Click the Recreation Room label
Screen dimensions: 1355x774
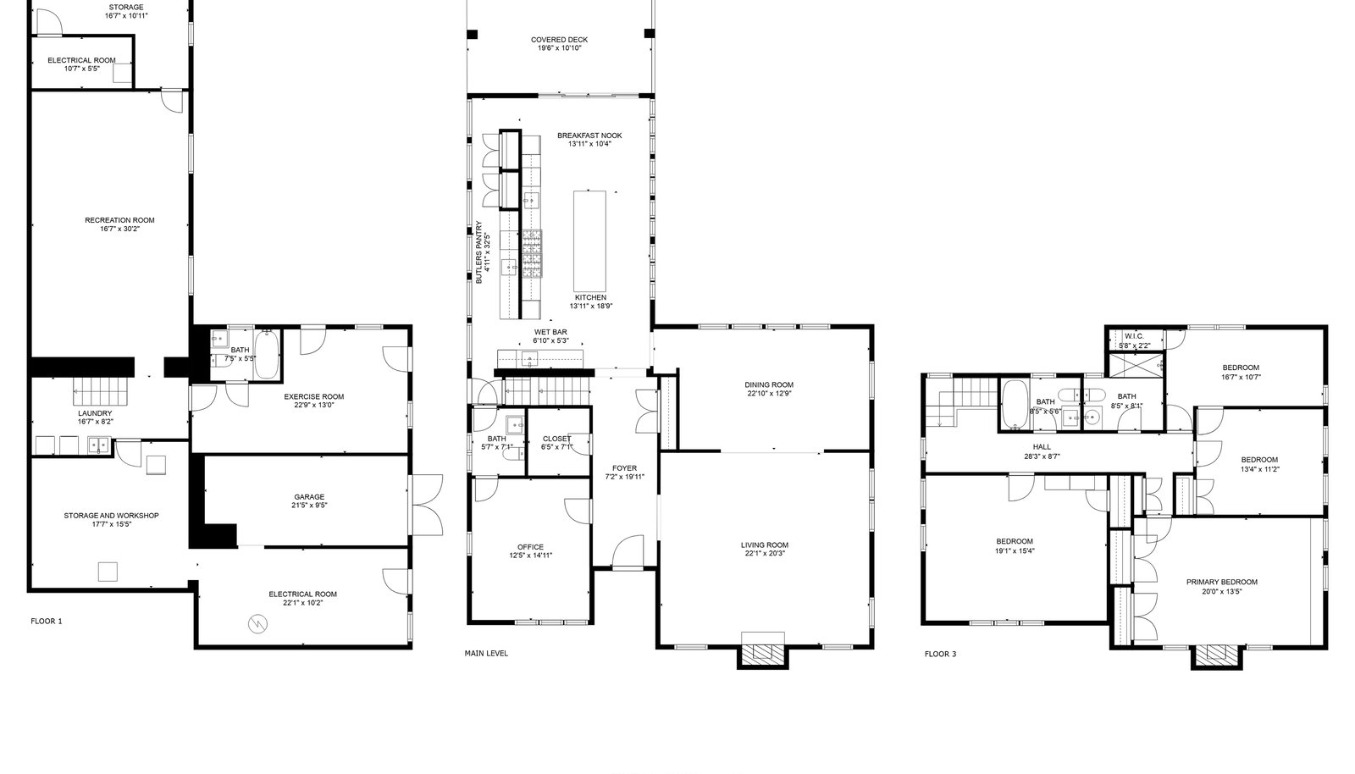[x=119, y=220]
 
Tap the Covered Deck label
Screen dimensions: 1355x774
[x=560, y=40]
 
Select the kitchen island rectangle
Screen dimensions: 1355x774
[x=589, y=241]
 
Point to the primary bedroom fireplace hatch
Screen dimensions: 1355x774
[x=1216, y=652]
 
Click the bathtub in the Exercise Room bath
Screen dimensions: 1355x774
[x=267, y=354]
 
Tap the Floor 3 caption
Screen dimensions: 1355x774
[x=941, y=654]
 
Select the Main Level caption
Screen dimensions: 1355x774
[x=486, y=653]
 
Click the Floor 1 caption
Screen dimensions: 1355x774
[x=47, y=621]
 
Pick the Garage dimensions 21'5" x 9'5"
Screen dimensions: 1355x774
[x=309, y=506]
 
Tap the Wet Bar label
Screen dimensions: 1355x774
[x=550, y=332]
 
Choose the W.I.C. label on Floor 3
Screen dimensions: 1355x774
[x=1134, y=336]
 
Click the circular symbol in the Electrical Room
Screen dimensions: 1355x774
[x=257, y=623]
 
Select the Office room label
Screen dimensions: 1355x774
[x=530, y=547]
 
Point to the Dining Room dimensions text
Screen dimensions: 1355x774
[x=769, y=393]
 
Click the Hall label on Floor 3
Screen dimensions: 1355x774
[x=1042, y=447]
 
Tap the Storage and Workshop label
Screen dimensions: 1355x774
[x=111, y=516]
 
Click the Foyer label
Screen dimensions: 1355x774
[x=624, y=468]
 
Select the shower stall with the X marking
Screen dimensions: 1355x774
[x=1135, y=365]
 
